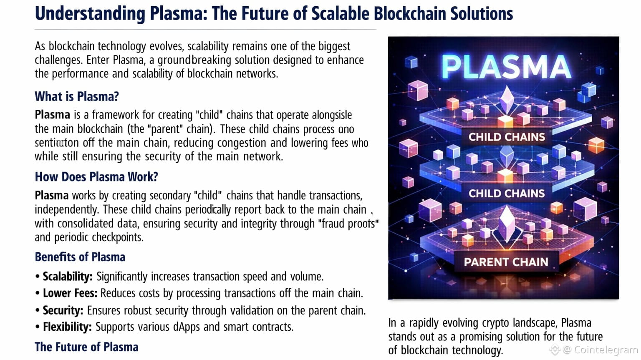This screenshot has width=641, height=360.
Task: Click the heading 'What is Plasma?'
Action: tap(77, 96)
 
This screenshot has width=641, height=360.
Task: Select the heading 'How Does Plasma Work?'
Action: tap(96, 177)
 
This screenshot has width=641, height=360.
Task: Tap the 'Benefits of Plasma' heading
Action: tap(80, 257)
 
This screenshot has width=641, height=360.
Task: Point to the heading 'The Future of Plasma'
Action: tap(86, 347)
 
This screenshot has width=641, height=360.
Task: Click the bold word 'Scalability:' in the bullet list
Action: tap(68, 277)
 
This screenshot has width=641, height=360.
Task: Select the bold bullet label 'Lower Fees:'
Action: tap(70, 293)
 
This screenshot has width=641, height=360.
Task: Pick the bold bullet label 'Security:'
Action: tap(63, 310)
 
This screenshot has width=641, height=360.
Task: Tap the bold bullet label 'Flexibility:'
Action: tap(67, 327)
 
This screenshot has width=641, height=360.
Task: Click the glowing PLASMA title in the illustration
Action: tap(506, 67)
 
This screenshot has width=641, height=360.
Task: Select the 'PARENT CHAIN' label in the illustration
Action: tap(506, 262)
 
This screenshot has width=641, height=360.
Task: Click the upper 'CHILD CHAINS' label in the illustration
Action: tap(507, 137)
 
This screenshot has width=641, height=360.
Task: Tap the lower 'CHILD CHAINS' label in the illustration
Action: tap(507, 194)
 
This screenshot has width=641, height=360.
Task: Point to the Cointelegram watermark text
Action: tap(606, 350)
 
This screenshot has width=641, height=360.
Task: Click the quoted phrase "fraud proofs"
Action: tap(348, 224)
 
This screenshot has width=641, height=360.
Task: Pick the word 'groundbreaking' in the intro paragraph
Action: tap(194, 60)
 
